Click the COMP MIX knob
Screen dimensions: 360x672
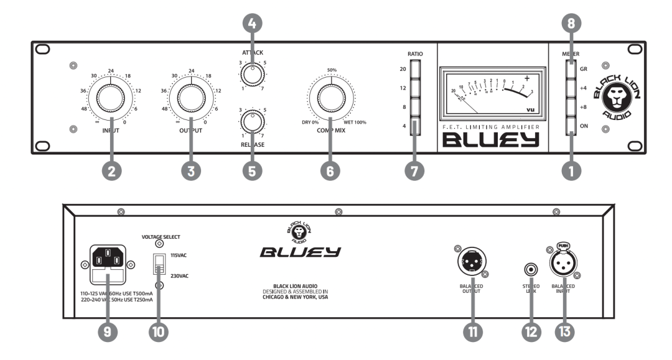330,99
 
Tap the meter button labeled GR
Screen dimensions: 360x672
571,70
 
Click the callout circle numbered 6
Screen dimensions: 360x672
330,172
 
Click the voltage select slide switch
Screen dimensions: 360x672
158,264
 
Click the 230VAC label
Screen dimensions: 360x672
179,274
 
